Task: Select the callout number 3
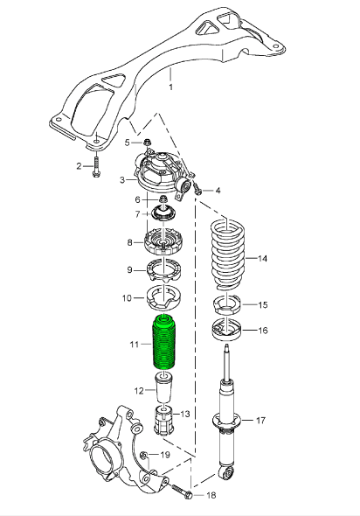(x=122, y=181)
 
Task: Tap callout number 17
(x=260, y=420)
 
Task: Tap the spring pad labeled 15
(x=227, y=306)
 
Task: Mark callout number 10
(x=127, y=297)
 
